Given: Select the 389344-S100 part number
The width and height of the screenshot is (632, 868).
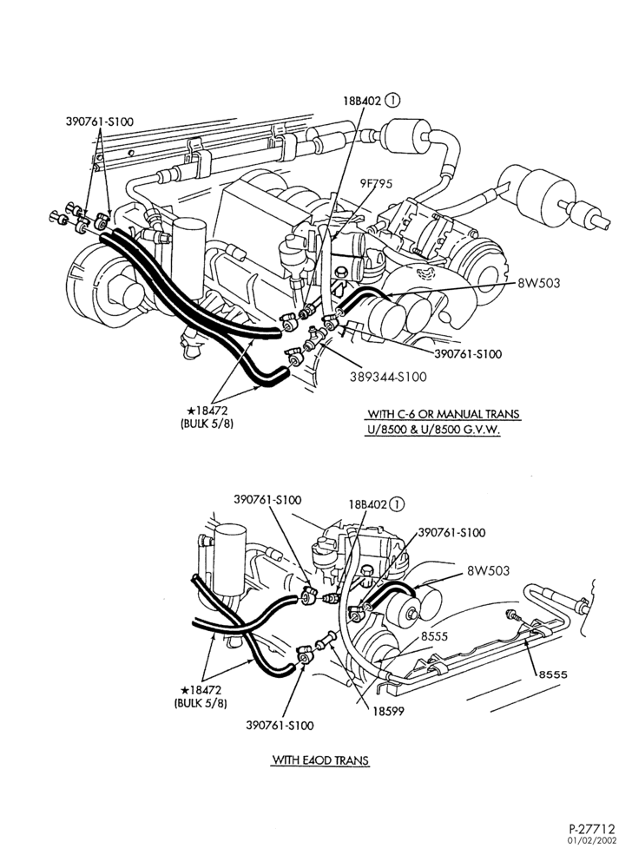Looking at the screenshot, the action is pyautogui.click(x=388, y=377).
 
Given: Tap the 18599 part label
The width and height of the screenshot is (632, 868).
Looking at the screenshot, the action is pyautogui.click(x=388, y=711).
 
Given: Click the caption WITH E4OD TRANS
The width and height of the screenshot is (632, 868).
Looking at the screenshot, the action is pyautogui.click(x=319, y=760).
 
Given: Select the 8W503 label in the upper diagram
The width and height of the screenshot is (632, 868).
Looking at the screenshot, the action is pyautogui.click(x=538, y=283).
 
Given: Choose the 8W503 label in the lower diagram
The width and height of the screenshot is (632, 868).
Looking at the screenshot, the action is pyautogui.click(x=488, y=571).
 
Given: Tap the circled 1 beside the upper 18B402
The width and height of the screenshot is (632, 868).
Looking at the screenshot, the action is pyautogui.click(x=393, y=100).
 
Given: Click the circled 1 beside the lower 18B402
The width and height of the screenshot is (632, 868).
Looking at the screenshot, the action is pyautogui.click(x=397, y=504).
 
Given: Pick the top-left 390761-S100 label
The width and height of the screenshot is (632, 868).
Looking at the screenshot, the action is pyautogui.click(x=100, y=122).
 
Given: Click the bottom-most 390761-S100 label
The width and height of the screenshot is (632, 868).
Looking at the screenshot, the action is pyautogui.click(x=280, y=725).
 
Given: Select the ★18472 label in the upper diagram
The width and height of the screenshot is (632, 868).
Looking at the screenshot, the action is pyautogui.click(x=207, y=411).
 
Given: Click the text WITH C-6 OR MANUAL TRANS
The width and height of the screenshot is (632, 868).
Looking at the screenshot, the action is pyautogui.click(x=444, y=414).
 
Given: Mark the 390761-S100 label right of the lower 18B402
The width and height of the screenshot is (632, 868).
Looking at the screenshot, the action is pyautogui.click(x=451, y=533).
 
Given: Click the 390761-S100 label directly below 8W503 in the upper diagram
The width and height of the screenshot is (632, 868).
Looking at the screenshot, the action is pyautogui.click(x=468, y=354).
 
